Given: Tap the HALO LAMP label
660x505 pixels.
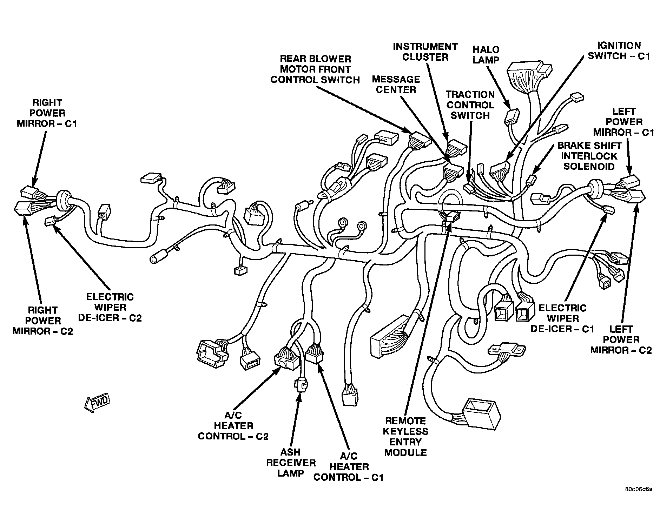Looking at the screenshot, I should point(486,54).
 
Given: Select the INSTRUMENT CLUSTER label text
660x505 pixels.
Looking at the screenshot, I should point(425,52).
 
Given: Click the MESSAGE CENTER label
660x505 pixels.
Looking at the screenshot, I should point(396,85).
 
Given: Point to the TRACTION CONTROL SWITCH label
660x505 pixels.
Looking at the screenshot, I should point(470,105).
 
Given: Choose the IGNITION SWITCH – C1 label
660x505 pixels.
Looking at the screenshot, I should point(619,51).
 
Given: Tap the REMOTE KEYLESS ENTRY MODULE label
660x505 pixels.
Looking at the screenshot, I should point(405,437).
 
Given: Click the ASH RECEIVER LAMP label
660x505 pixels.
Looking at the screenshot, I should point(291,463).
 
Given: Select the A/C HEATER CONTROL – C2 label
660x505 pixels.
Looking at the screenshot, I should point(233,426).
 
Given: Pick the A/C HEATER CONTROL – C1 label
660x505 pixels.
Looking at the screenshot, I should point(349,467).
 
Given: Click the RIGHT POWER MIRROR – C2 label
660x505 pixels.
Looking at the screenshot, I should point(43,321).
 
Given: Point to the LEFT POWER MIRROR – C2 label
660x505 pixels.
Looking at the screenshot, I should point(621,339).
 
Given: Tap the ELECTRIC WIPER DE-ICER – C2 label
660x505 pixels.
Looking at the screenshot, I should point(110,307).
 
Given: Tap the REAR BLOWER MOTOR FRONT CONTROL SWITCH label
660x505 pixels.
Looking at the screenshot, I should point(315,69).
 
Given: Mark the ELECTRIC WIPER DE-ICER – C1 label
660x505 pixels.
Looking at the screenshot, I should point(562,318).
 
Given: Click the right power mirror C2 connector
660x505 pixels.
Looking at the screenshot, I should point(23,209).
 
